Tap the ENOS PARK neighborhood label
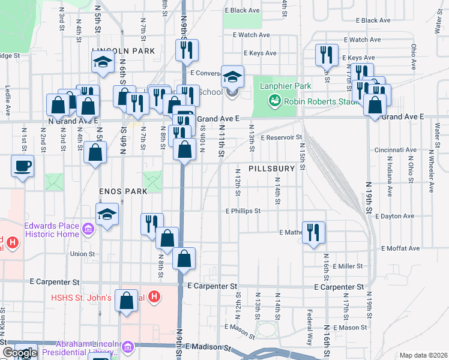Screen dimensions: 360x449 point(123,191)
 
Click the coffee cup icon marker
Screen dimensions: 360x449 point(23,166)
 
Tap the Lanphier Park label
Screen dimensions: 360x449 point(285,86)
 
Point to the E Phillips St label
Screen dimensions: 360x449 point(243,211)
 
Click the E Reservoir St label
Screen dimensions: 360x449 point(281,137)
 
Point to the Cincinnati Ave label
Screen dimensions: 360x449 point(395,150)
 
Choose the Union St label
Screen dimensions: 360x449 point(83,254)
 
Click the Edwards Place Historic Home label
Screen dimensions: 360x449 point(52,230)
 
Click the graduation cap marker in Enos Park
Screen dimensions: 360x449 point(107,214)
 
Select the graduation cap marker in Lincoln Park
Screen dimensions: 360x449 point(103,62)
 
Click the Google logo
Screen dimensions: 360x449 point(19,353)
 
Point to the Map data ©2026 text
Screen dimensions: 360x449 point(422,355)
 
